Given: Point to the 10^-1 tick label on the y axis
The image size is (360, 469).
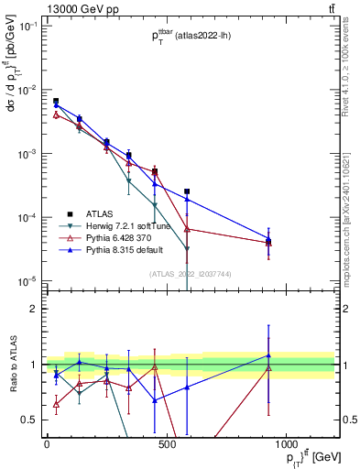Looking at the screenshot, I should tap(27, 27).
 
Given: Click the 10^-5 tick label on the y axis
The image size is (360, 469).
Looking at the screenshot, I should tap(27, 280).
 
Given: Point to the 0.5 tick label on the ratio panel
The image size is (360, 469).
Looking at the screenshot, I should tap(29, 419).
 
